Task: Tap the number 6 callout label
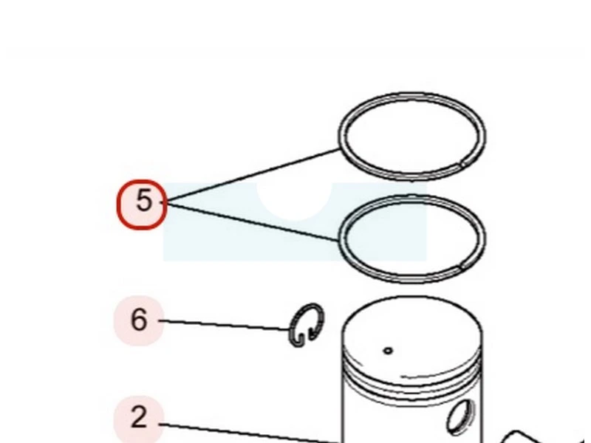(139, 320)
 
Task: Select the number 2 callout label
(139, 418)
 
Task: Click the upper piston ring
(412, 95)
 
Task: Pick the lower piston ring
(412, 197)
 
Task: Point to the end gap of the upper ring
(463, 164)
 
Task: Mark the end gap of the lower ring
(462, 267)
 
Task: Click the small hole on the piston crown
(388, 351)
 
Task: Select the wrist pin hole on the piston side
(461, 416)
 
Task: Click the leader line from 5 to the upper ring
(253, 175)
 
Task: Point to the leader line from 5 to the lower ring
(253, 222)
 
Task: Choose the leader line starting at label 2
(250, 433)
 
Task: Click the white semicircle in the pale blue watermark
(294, 201)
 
